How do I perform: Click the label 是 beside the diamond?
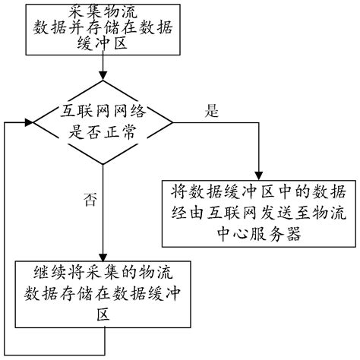click(212, 110)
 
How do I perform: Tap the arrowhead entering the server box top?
click(258, 174)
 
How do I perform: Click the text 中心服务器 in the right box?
click(259, 235)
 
